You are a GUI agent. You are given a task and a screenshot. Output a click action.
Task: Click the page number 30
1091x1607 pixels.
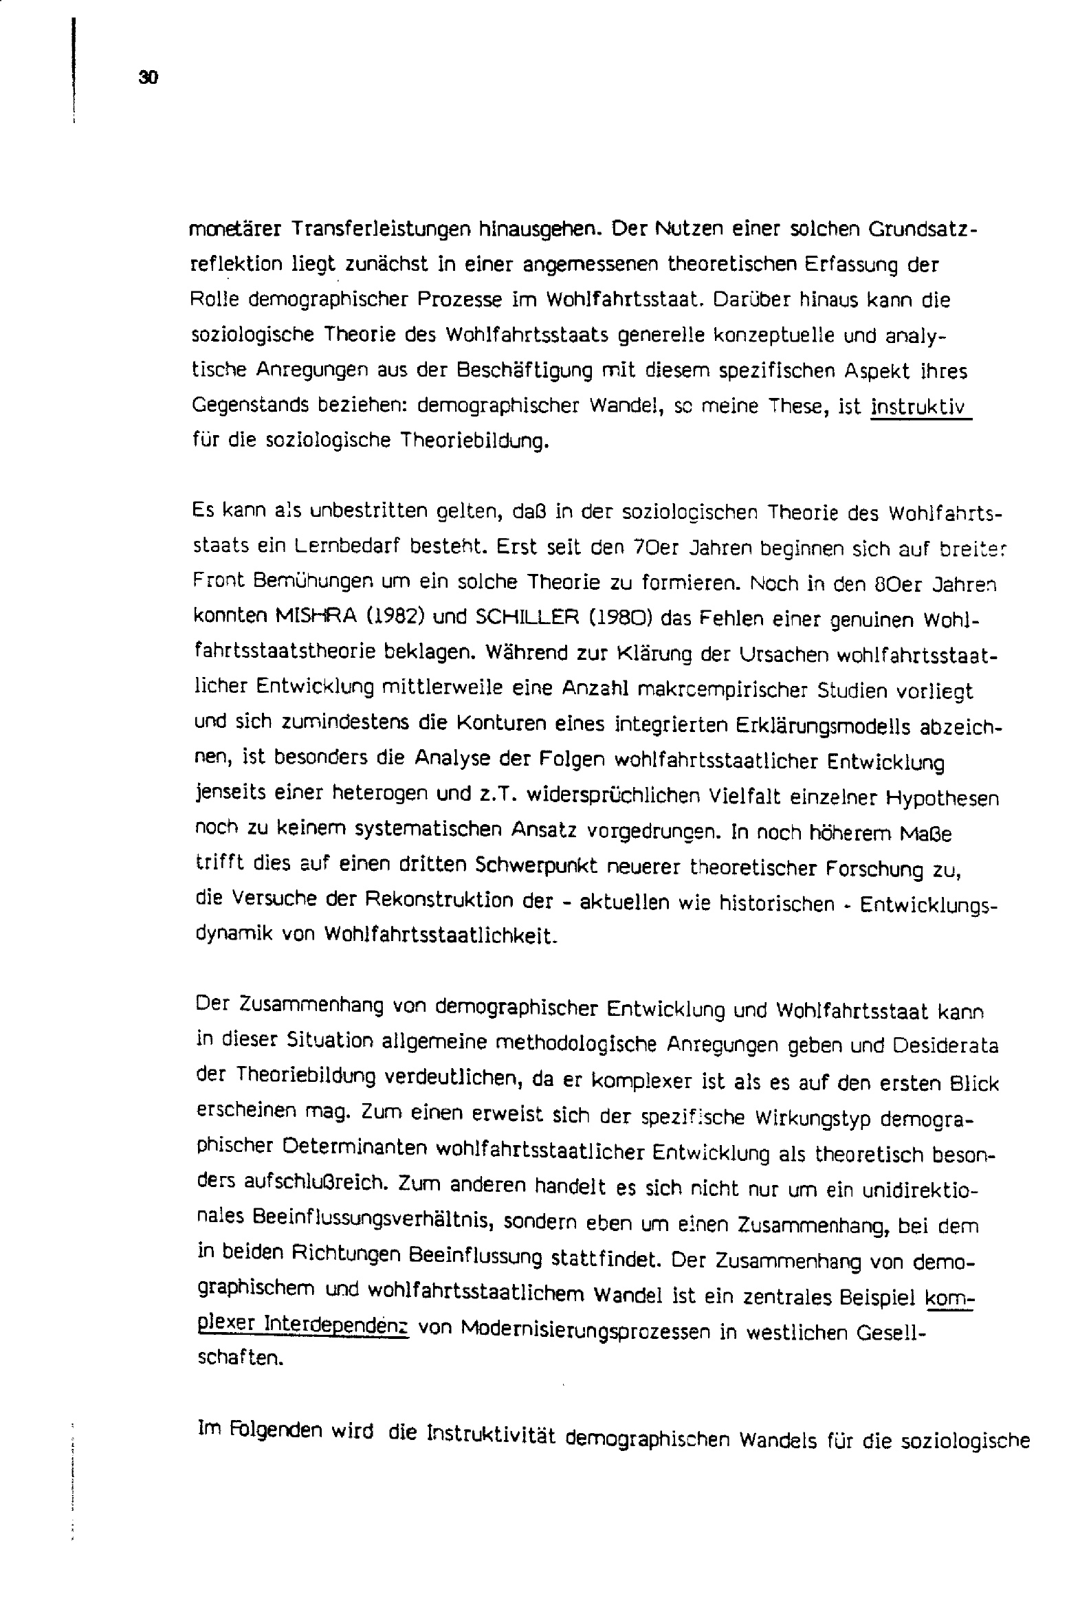[148, 78]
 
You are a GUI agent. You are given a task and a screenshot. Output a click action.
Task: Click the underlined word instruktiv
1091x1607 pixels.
[920, 408]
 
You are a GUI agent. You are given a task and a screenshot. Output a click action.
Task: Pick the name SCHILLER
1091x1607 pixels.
[529, 617]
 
